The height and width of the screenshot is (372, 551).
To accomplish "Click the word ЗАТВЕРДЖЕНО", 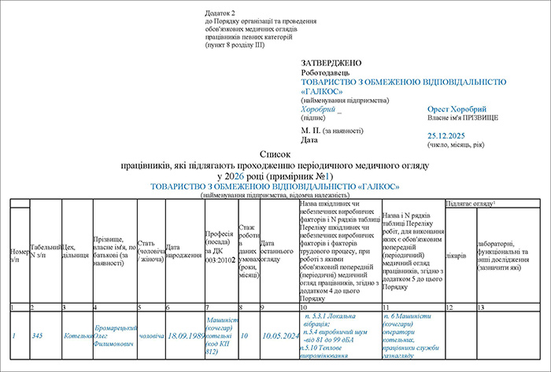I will [x=331, y=62].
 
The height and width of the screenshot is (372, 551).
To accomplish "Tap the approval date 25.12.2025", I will [x=446, y=136].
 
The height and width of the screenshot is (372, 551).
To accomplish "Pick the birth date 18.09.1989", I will [x=184, y=336].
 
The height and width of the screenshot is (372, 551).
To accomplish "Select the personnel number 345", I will [x=38, y=336].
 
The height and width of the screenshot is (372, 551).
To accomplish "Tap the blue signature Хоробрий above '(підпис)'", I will [x=318, y=109].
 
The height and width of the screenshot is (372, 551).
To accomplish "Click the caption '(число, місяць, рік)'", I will [x=455, y=145].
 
